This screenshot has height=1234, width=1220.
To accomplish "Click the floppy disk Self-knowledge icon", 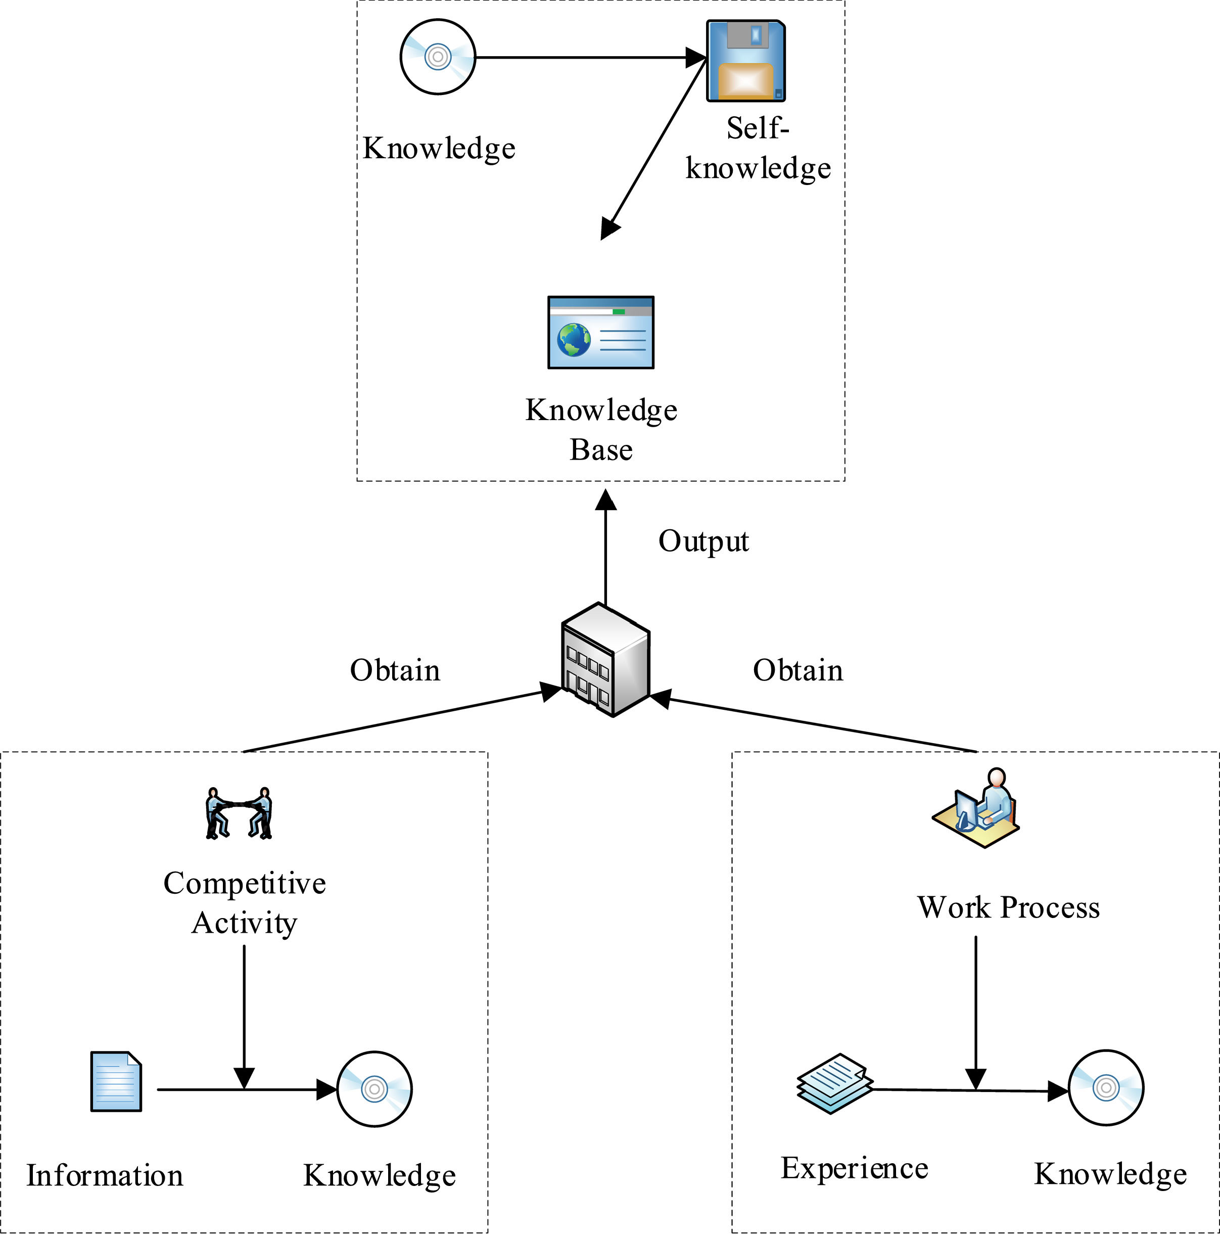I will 745,61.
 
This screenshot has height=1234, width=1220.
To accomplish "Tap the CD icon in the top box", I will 438,57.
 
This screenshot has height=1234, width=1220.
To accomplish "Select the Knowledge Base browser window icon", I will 601,332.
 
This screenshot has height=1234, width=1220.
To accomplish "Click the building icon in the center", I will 605,659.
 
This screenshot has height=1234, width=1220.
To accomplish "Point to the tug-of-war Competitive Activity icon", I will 239,813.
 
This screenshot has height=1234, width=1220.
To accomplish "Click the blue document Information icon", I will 116,1081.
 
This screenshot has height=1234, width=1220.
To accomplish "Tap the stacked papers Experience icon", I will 834,1083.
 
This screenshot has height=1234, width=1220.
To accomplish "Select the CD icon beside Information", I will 375,1089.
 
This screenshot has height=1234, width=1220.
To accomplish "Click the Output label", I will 703,541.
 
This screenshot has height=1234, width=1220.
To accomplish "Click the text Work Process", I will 1009,907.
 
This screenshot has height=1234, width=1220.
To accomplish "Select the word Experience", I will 854,1168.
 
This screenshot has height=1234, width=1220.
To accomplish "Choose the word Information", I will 105,1176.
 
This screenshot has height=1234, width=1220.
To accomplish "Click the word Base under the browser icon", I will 601,449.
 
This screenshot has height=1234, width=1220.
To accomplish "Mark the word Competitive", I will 245,883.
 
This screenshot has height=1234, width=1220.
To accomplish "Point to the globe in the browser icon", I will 573,340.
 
